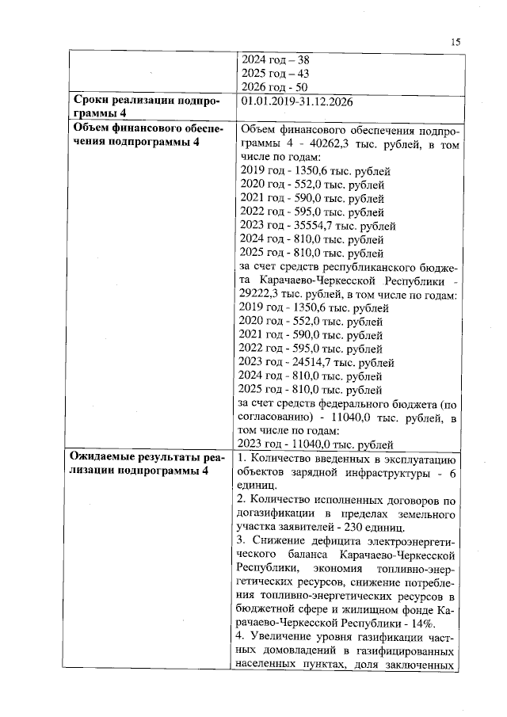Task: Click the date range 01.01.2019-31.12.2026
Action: click(x=296, y=101)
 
